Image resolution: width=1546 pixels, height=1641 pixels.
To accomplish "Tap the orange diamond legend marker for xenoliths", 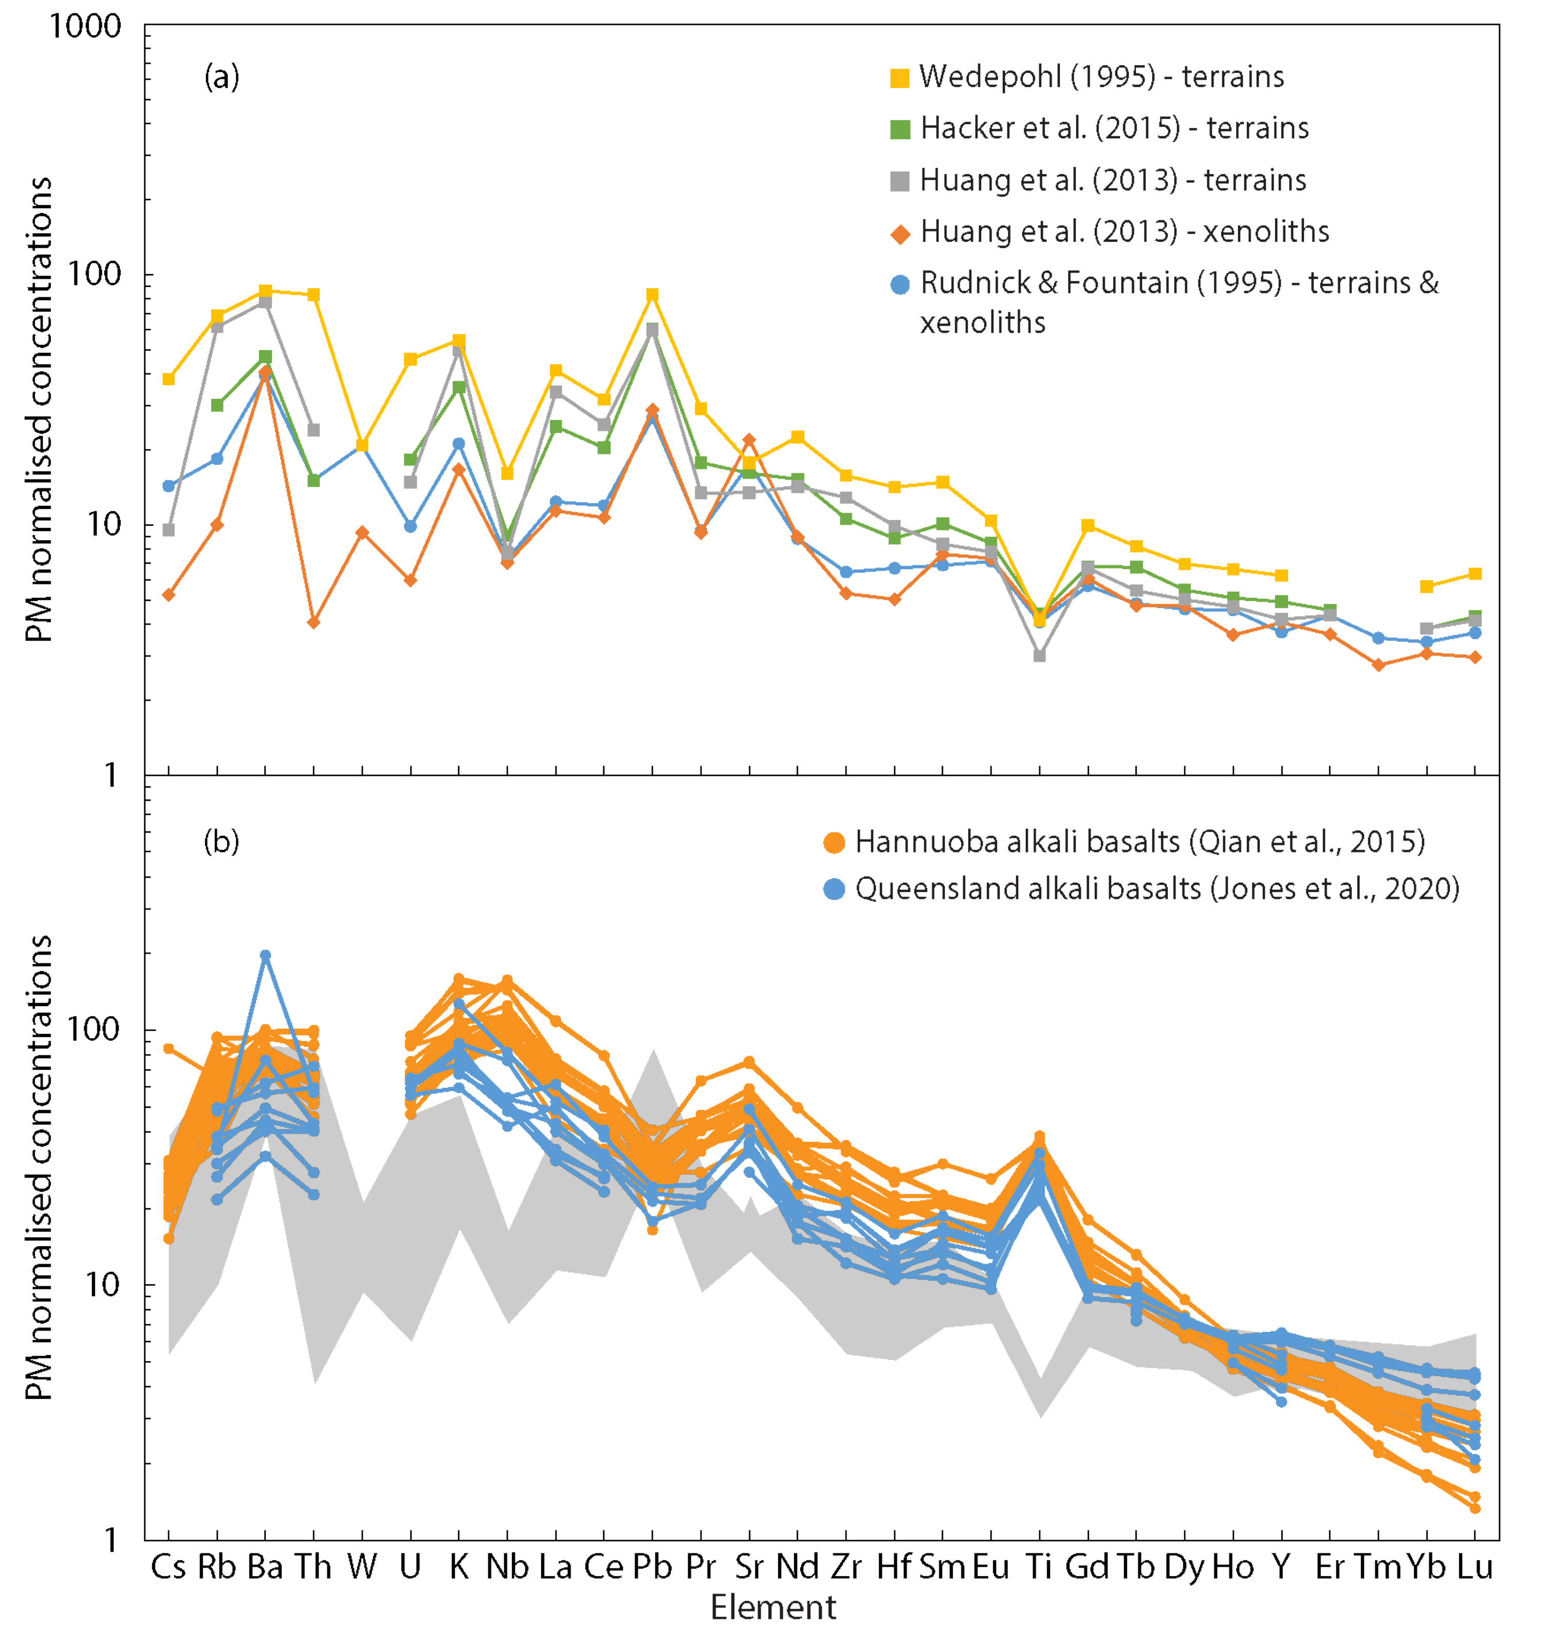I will point(900,233).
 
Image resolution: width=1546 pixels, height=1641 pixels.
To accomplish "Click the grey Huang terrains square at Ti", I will point(1039,655).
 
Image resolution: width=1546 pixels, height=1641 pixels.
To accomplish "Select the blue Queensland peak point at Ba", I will point(265,956).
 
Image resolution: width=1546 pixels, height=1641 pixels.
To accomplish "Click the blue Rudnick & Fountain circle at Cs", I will point(169,486).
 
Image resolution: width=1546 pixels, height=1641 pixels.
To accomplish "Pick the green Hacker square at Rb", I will point(217,405).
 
